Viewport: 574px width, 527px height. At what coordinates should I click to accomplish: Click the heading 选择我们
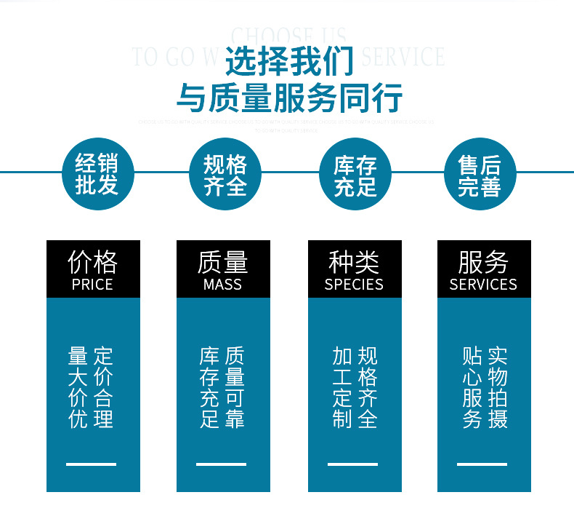[x=289, y=61]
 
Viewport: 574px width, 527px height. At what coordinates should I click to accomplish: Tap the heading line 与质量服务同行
[x=289, y=98]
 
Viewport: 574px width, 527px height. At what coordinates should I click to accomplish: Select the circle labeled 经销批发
[x=97, y=174]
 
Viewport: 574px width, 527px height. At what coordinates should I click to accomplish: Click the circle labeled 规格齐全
[x=225, y=174]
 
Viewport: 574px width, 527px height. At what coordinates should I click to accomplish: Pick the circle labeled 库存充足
[x=355, y=174]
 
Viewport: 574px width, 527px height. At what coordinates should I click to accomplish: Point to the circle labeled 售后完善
[x=480, y=174]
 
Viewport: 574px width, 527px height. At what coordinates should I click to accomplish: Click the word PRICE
[x=92, y=285]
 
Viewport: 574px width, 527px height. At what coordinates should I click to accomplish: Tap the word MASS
[x=222, y=285]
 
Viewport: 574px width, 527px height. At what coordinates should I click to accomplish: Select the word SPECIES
[x=354, y=285]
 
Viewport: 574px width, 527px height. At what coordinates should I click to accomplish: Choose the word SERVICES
[x=483, y=285]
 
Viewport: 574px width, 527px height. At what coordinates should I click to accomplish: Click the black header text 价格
[x=92, y=262]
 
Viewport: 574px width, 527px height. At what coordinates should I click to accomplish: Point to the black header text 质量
[x=222, y=262]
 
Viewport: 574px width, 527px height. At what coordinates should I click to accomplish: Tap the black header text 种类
[x=354, y=262]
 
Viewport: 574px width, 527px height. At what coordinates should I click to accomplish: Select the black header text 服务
[x=483, y=262]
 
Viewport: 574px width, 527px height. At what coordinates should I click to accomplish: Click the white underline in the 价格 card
[x=92, y=464]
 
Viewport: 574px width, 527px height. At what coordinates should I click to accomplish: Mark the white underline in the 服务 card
[x=482, y=464]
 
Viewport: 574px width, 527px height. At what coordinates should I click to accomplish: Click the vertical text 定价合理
[x=104, y=387]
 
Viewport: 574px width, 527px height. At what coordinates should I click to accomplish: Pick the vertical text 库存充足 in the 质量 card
[x=209, y=387]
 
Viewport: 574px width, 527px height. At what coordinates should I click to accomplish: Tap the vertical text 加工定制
[x=341, y=387]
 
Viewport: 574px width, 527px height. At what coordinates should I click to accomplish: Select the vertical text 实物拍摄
[x=498, y=387]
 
